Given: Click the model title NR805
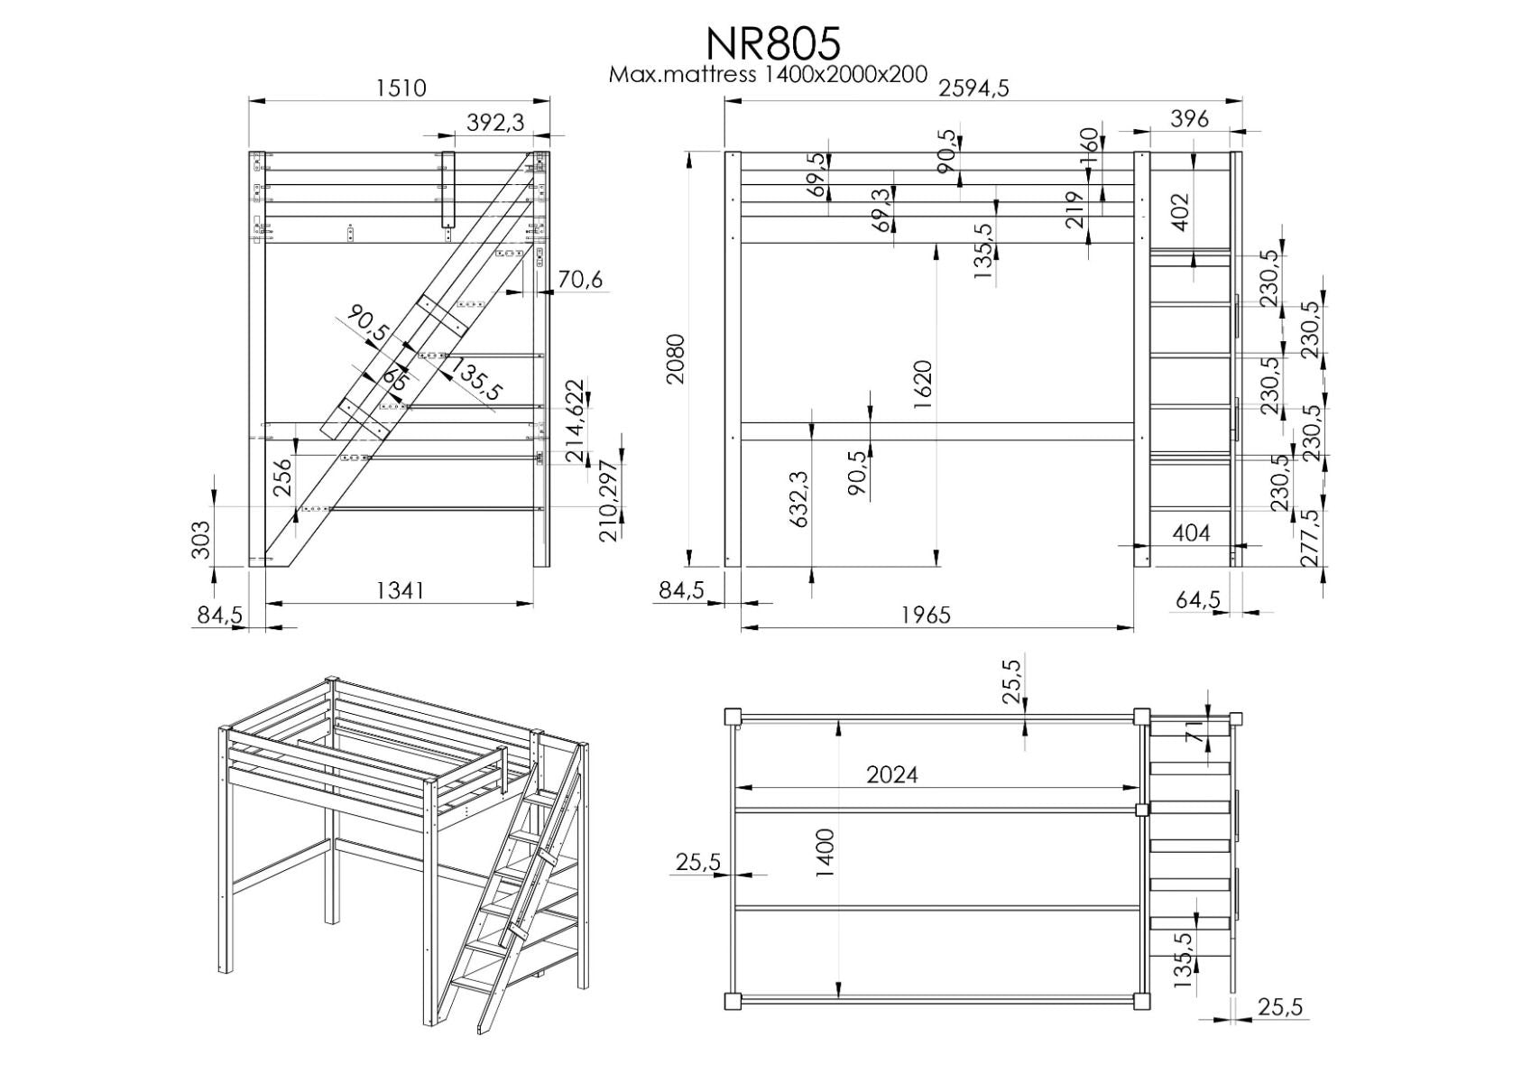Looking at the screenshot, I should [x=772, y=42].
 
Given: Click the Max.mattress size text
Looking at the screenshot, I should [x=768, y=74].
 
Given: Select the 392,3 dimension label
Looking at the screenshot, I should [x=495, y=122].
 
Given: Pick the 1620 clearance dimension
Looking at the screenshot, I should [x=922, y=385].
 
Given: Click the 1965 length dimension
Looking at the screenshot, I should [x=926, y=615].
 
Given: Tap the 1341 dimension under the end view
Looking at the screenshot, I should [x=399, y=590].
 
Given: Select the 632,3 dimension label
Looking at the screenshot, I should [x=798, y=498].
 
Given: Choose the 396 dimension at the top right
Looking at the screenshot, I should [x=1188, y=118].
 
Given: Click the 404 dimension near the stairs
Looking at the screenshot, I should [x=1191, y=533].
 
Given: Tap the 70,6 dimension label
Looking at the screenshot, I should [x=579, y=280].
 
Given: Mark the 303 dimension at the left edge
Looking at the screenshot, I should [x=201, y=540].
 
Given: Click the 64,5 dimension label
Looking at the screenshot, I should [x=1198, y=599].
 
